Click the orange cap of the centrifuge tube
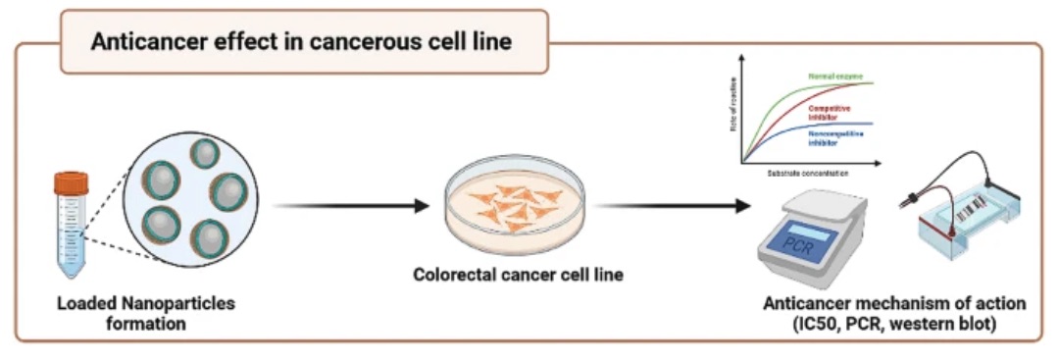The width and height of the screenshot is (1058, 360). (x=71, y=182)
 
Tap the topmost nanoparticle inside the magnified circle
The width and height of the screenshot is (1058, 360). (x=205, y=153)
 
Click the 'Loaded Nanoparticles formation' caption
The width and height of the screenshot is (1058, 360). (x=144, y=312)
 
